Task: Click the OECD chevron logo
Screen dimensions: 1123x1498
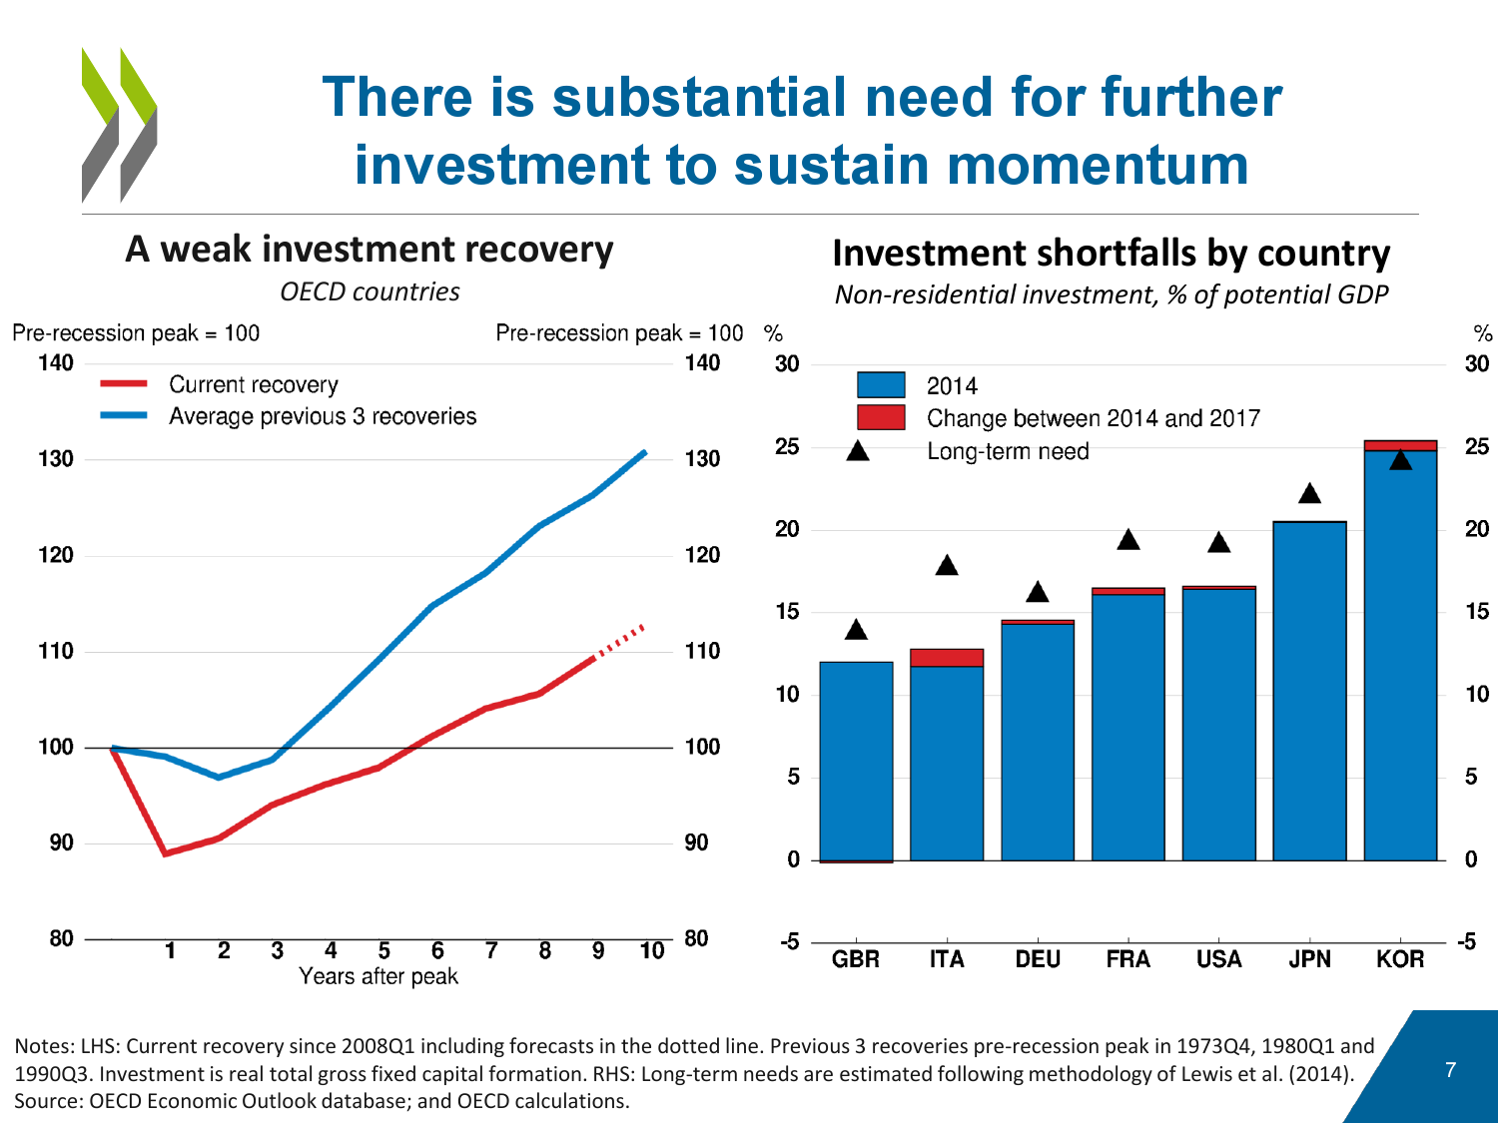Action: point(119,125)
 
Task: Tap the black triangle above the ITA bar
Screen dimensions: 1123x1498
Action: point(947,566)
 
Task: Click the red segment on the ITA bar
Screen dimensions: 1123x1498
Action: point(947,657)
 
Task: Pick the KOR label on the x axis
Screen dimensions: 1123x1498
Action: point(1400,959)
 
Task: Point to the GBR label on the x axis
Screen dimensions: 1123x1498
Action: point(856,959)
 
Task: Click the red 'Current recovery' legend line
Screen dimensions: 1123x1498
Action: point(124,383)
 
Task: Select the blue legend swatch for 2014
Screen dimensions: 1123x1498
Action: point(881,385)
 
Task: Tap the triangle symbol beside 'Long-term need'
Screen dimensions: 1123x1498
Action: point(858,451)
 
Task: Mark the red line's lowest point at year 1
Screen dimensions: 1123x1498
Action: point(166,853)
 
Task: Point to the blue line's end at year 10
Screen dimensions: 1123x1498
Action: point(645,452)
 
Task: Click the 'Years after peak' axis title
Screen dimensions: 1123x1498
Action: point(378,976)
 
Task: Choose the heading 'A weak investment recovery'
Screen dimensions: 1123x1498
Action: point(370,250)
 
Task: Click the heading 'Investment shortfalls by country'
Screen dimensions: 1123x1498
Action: point(1111,254)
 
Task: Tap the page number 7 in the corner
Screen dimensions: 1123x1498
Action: point(1450,1070)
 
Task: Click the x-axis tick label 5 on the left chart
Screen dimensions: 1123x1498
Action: point(383,951)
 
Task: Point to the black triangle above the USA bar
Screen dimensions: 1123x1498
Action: point(1218,543)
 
